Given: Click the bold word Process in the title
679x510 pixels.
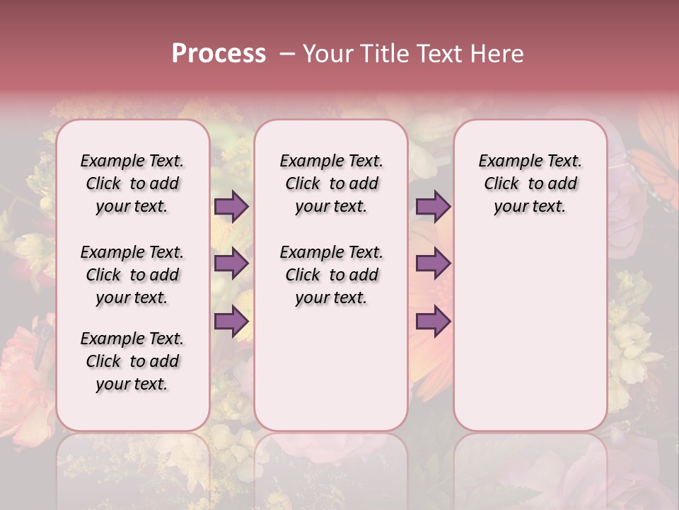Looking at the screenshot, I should coord(219,54).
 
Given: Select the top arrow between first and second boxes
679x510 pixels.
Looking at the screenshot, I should coord(231,207).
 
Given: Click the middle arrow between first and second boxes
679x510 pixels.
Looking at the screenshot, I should coord(231,264).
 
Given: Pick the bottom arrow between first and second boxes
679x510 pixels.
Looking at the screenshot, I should coord(231,321).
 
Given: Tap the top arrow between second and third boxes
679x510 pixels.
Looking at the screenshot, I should coord(433,207).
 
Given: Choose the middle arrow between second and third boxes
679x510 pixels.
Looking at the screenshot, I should coord(433,264).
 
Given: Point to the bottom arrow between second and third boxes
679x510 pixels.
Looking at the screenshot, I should coord(433,321).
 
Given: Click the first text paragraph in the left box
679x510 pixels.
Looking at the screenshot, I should coord(132,183).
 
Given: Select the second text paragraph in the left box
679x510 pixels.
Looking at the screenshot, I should coord(132,275).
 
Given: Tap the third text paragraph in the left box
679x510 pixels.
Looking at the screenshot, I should coord(132,361).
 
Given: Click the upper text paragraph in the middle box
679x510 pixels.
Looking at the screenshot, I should coord(331,183).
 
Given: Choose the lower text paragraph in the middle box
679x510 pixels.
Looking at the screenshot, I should coord(331,275).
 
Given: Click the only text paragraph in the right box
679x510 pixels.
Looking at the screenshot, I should coord(530,183).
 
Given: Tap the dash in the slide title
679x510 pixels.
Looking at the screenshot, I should coord(287,54).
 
